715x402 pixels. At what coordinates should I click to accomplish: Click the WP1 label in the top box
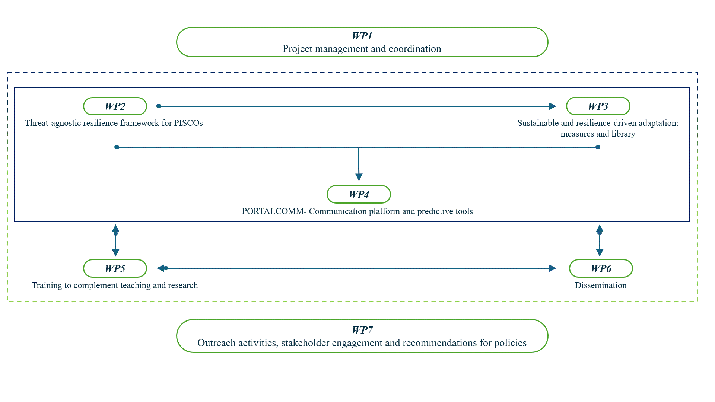tap(362, 36)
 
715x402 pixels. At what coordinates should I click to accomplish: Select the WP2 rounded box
tap(115, 106)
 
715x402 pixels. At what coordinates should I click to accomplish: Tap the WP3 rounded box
tap(598, 106)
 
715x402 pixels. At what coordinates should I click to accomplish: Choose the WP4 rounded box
tap(359, 194)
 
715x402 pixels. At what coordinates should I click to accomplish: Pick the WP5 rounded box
tap(115, 268)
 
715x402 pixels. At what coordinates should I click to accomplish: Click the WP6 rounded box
tap(601, 268)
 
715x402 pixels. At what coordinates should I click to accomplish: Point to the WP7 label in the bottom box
tap(362, 330)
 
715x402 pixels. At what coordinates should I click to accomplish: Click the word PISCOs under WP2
tap(188, 123)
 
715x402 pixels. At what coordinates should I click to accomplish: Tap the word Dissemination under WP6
tap(601, 285)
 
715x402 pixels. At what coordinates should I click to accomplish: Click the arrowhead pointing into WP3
tap(553, 106)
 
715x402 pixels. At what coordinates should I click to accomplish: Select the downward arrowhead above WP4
tap(359, 177)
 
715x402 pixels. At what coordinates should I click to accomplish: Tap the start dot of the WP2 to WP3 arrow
tap(159, 106)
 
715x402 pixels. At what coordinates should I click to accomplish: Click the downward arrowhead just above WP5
tap(116, 253)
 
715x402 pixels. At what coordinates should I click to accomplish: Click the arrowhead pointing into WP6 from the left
tap(553, 268)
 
